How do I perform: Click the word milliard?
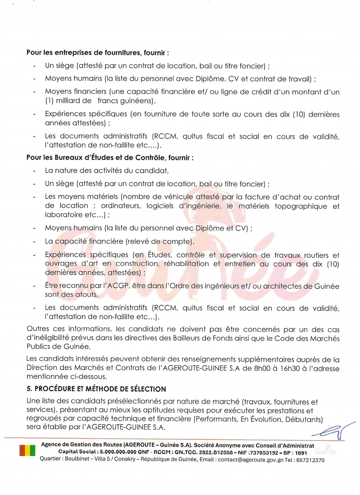point(68,101)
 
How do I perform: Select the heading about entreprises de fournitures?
point(98,53)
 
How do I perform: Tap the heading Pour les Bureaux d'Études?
point(110,158)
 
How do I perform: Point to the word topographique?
point(301,206)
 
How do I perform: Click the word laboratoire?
point(64,215)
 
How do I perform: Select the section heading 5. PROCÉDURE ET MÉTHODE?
point(96,389)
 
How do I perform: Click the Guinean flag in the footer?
point(27,450)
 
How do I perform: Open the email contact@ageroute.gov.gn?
point(250,460)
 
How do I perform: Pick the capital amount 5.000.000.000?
point(118,453)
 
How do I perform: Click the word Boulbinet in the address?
point(77,459)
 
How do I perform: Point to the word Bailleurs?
point(188,338)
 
